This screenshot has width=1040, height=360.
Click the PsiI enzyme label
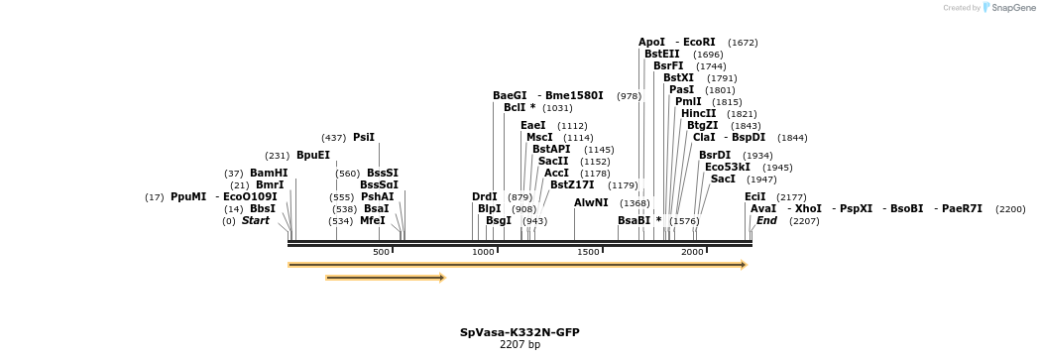(x=364, y=138)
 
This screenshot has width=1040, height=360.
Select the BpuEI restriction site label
(x=312, y=156)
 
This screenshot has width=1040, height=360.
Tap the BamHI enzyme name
(x=269, y=174)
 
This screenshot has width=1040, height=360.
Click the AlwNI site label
(x=591, y=202)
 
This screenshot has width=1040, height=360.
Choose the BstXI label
(x=679, y=77)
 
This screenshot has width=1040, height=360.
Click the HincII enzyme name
(x=698, y=113)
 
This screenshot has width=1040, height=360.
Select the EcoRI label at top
(x=699, y=43)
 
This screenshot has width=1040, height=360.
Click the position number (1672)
(x=743, y=43)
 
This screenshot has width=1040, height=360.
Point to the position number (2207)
(x=804, y=221)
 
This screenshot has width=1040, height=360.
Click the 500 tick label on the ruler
(x=381, y=252)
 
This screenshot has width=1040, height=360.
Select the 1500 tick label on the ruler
(x=588, y=252)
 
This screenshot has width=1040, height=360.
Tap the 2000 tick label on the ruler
(x=692, y=252)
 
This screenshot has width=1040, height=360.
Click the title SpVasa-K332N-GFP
(x=520, y=333)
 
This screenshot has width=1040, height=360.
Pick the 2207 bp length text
(x=520, y=345)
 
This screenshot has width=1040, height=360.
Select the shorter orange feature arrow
(x=385, y=278)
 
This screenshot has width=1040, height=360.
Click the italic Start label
(x=255, y=221)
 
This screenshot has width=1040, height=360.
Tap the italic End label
(x=766, y=221)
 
